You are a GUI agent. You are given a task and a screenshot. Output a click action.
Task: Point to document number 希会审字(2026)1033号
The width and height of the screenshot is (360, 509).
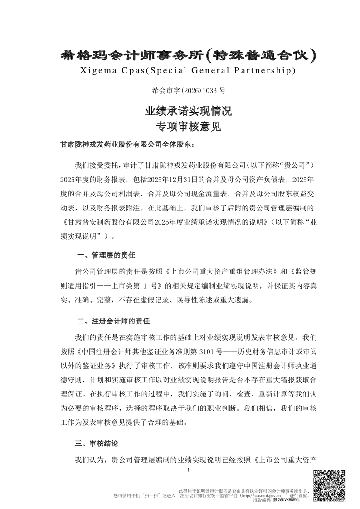[x=180, y=91]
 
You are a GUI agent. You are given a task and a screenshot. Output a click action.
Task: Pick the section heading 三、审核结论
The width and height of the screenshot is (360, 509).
[x=99, y=443]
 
